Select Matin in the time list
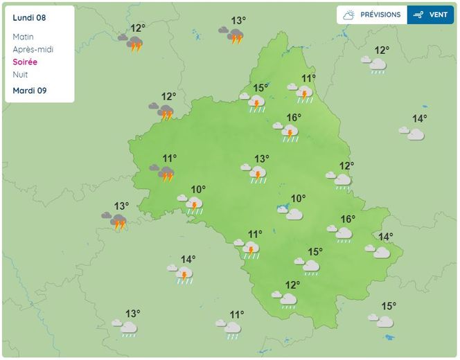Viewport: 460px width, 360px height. [x=23, y=37]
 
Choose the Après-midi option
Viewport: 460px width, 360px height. [x=33, y=49]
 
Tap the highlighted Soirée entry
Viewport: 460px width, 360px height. [x=25, y=62]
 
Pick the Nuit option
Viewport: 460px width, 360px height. [x=21, y=74]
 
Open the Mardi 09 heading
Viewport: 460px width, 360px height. [x=29, y=91]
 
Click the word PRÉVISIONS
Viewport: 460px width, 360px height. [x=380, y=15]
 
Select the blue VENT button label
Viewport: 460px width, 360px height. [x=439, y=15]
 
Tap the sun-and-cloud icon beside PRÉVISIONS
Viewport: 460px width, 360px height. [x=349, y=15]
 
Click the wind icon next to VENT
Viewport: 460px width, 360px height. [x=418, y=15]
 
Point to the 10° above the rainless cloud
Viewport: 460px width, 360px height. [x=298, y=199]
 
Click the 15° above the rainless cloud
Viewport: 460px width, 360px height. [x=315, y=252]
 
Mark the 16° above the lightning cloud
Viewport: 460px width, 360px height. [x=294, y=118]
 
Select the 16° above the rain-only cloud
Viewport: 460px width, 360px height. [x=347, y=219]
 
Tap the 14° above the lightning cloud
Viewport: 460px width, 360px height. [x=188, y=260]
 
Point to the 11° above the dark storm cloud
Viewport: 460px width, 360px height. [x=169, y=159]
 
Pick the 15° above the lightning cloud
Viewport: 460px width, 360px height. [x=260, y=88]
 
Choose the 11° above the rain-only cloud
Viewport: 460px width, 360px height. [x=237, y=314]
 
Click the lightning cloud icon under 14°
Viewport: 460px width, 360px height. [x=184, y=275]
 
